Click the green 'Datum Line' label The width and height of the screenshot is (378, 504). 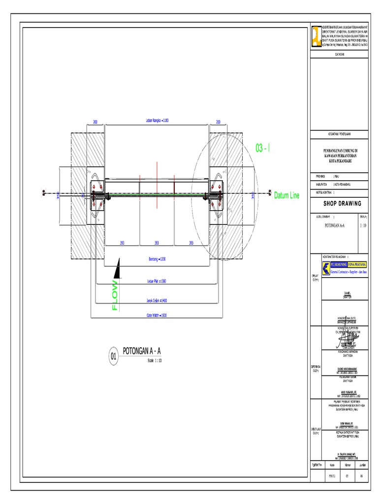pos(286,195)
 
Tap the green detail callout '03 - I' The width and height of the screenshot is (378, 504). pos(263,148)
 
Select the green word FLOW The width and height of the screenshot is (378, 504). pos(115,295)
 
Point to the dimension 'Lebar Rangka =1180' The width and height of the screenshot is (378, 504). pos(157,121)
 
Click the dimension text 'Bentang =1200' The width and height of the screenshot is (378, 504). pos(157,259)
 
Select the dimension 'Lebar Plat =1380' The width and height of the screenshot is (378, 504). pos(157,281)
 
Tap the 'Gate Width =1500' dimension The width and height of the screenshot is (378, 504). pos(157,315)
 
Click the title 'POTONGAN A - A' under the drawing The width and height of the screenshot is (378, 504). pos(141,350)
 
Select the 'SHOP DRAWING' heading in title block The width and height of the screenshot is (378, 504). pos(342,203)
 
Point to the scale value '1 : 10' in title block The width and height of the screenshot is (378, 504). pos(363,225)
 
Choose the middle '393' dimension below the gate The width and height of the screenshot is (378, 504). pos(157,243)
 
